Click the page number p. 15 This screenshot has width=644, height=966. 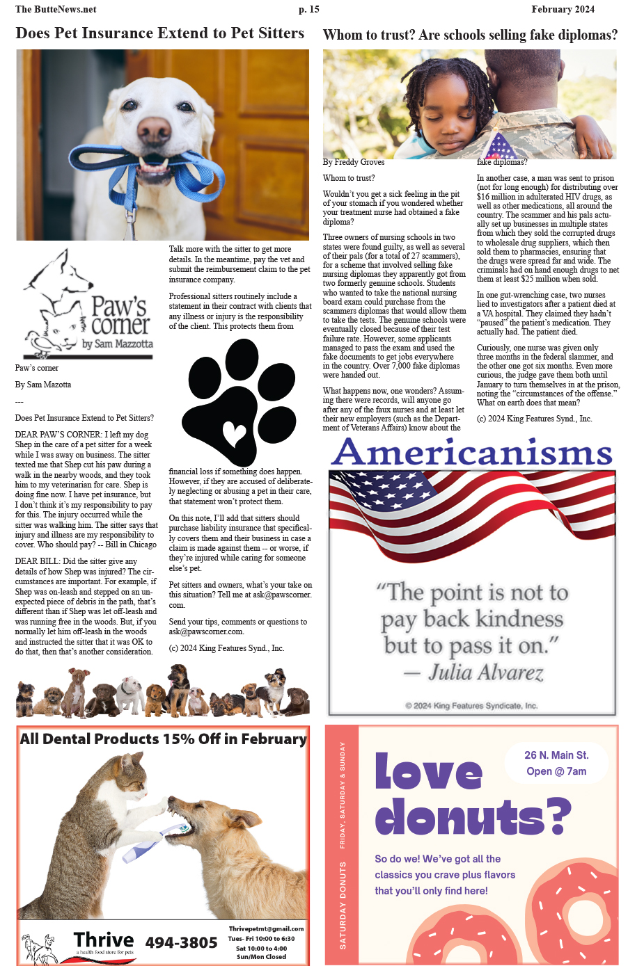coord(308,9)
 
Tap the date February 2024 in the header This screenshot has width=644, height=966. coord(563,9)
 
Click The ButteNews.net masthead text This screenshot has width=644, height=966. coord(56,9)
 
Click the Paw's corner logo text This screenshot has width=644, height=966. coord(120,316)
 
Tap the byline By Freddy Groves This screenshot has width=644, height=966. coord(354,162)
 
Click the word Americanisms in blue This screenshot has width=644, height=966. coord(472,453)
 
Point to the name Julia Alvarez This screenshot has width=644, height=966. coord(485,672)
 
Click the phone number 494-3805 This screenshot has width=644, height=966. coord(181,942)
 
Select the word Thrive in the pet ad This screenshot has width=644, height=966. coord(104,940)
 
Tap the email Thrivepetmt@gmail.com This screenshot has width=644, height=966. coord(266,928)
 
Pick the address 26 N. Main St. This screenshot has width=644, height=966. coord(556,755)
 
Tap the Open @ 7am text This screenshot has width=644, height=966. coord(556,771)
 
